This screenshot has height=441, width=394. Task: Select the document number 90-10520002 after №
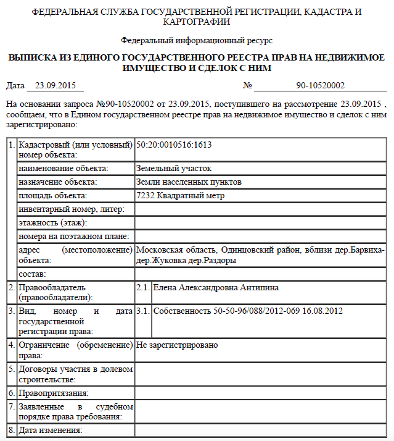point(320,86)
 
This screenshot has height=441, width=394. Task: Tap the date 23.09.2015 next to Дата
point(55,86)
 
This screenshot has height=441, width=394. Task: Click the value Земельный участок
point(174,151)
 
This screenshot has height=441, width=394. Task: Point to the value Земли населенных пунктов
point(189,182)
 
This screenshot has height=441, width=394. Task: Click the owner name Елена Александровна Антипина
point(216,288)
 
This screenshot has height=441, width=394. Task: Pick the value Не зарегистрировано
point(177,345)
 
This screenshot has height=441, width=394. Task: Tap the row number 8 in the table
point(10,430)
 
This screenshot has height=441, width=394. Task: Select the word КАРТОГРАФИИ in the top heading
point(197,22)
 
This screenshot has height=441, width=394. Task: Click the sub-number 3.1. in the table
point(142,311)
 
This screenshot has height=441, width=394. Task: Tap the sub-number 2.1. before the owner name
point(142,288)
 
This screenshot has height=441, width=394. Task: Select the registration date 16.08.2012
point(322,311)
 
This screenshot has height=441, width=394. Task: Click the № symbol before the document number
point(248,86)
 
